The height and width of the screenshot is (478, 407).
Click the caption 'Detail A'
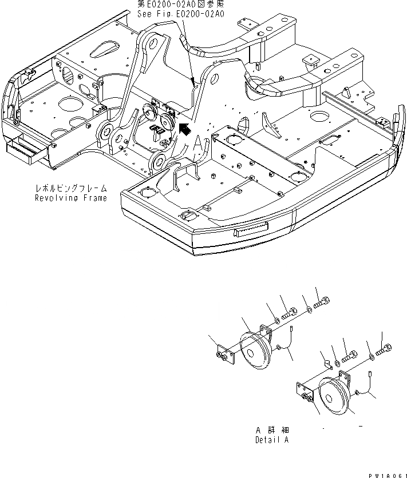(272, 441)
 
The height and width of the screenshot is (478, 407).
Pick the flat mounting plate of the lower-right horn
(304, 394)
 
